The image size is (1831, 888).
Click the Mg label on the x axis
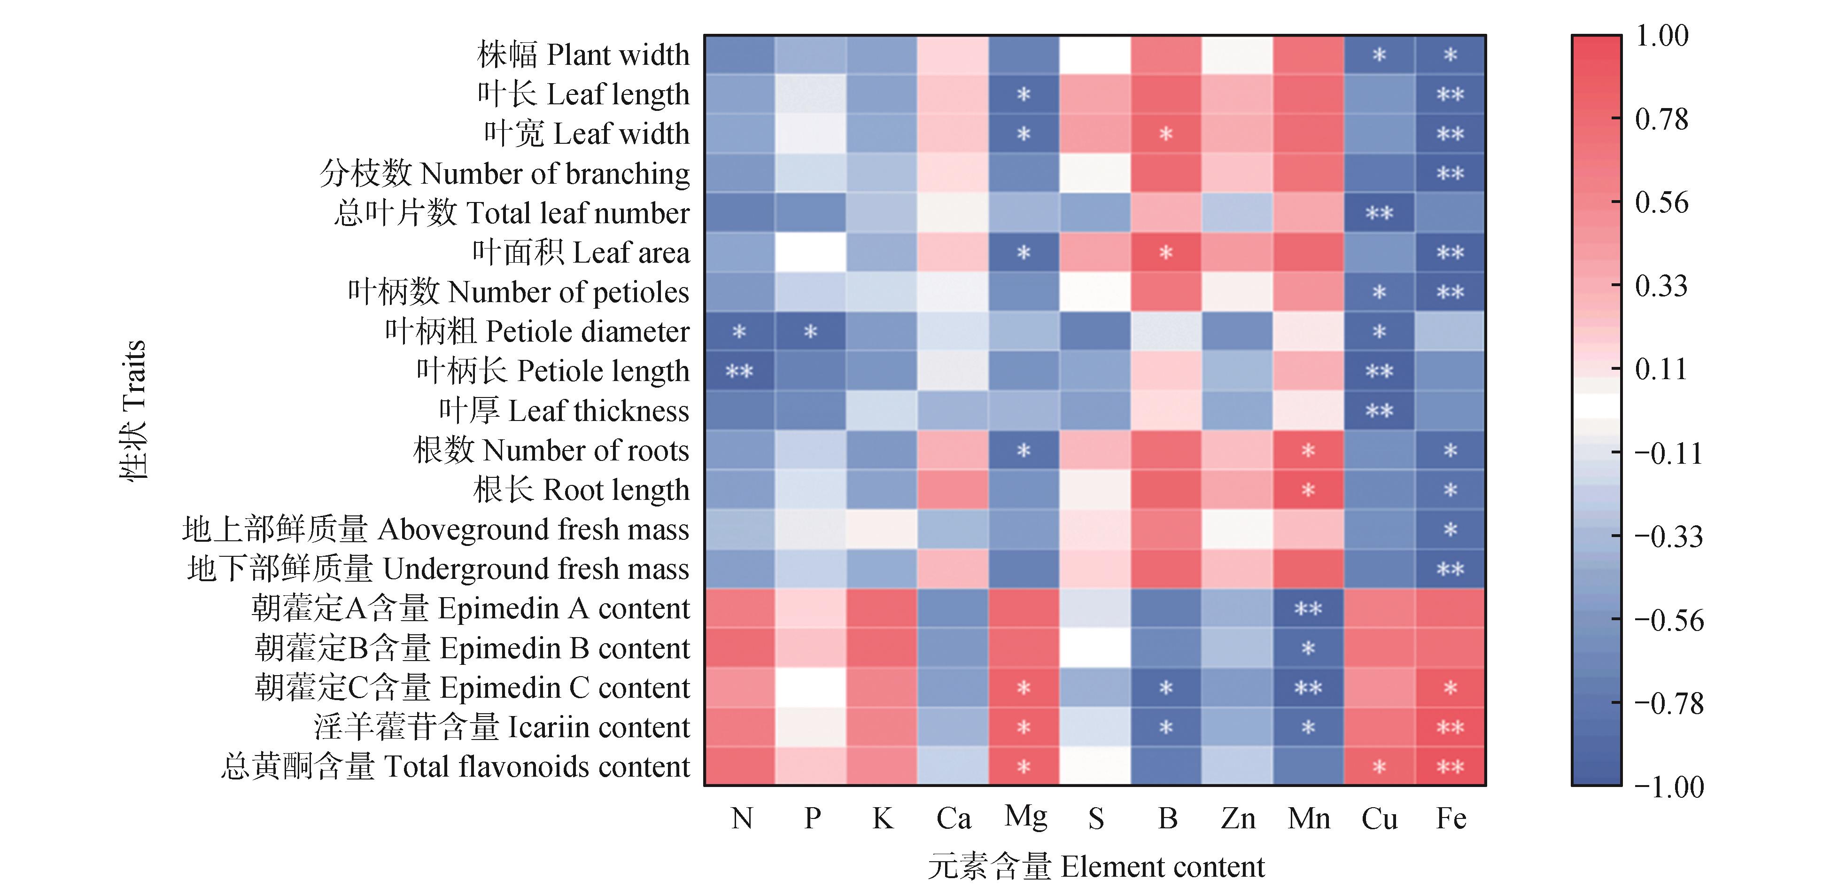[1025, 818]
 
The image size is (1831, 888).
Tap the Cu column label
[1379, 819]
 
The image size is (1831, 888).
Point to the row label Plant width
[583, 55]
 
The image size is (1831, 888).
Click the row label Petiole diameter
[537, 331]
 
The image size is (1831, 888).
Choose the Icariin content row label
[502, 727]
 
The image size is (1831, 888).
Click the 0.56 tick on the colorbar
[1660, 203]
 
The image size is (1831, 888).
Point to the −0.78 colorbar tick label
[1668, 704]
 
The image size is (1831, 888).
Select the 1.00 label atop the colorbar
[1661, 36]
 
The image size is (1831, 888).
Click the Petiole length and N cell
[739, 371]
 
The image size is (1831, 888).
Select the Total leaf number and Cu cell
[1379, 212]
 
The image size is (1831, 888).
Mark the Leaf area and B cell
[1166, 252]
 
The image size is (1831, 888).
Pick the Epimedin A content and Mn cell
[1308, 608]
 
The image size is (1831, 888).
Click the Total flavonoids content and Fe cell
[1450, 766]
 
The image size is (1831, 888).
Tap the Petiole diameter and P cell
[810, 331]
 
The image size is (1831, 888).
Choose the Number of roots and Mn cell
[1308, 450]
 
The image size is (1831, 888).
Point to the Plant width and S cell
[1094, 55]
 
